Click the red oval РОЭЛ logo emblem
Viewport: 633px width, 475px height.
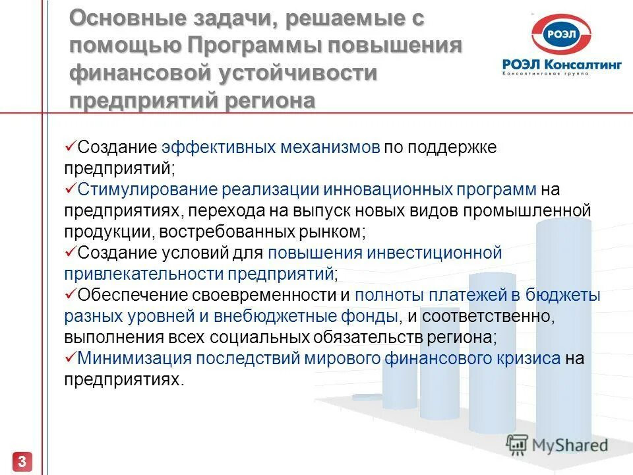click(x=562, y=35)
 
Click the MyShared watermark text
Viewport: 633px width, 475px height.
click(x=570, y=445)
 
